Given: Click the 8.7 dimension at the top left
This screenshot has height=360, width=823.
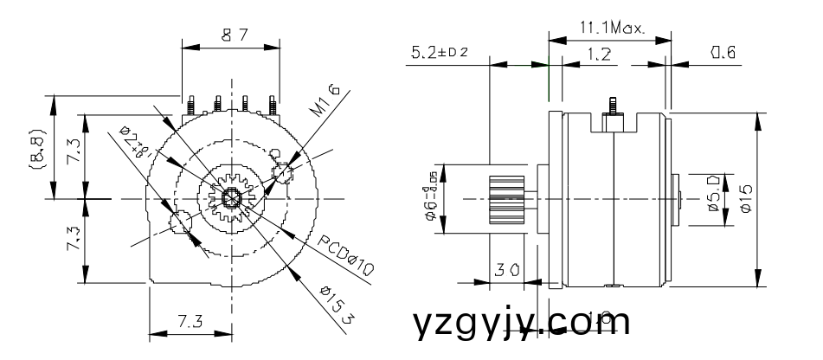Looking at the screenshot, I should (x=231, y=35).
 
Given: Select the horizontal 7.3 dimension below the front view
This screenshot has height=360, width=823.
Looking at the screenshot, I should (x=190, y=322).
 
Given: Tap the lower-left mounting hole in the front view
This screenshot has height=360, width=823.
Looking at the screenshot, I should (x=182, y=222).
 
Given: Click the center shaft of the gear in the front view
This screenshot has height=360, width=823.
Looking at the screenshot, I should (x=232, y=198).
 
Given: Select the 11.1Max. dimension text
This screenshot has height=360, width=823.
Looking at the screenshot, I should (x=611, y=29).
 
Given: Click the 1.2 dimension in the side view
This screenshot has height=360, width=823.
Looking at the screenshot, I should (x=596, y=54).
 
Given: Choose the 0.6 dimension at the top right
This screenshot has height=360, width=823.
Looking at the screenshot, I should (x=723, y=54).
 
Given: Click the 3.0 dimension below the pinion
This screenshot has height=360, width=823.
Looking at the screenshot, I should (x=507, y=270).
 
